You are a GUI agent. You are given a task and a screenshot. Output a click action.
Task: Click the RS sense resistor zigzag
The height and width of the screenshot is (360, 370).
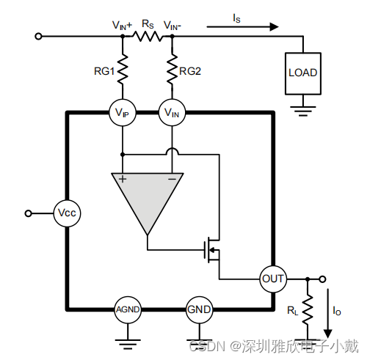[x=148, y=37]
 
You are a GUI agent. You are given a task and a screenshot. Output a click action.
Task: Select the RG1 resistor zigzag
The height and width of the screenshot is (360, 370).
[x=123, y=70]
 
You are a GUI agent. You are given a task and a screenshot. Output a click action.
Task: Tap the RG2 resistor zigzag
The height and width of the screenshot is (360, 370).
[x=173, y=70]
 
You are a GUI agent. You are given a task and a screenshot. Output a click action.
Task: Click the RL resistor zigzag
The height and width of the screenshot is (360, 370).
[x=308, y=309]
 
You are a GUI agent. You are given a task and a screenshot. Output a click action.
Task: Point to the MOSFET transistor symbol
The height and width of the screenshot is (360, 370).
[x=211, y=250]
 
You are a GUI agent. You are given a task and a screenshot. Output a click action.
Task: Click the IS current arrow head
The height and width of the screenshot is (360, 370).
[x=274, y=26]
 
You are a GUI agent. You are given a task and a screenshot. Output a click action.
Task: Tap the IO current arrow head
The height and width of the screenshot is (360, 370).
[x=328, y=334]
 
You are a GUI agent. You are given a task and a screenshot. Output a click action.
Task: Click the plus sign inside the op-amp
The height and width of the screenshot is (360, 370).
[x=123, y=179]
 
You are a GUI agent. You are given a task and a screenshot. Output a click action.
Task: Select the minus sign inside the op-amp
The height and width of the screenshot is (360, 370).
[x=173, y=180]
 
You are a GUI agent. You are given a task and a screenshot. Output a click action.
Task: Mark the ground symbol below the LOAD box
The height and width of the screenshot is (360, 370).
[x=303, y=111]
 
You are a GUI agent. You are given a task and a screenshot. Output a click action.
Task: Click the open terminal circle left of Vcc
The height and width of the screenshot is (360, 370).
[x=29, y=213]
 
